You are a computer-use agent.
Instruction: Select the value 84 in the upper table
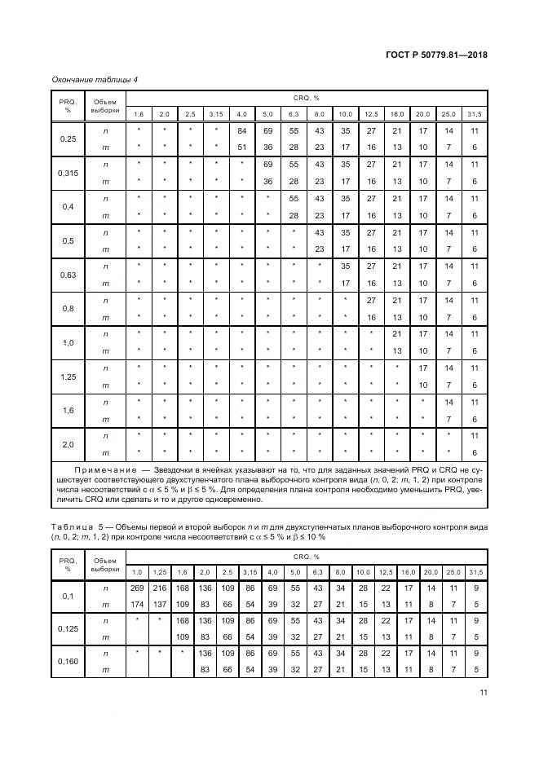coord(241,130)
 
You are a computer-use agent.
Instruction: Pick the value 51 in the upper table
coord(241,147)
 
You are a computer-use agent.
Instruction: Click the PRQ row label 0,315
coord(68,173)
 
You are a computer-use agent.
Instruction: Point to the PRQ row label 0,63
coord(68,275)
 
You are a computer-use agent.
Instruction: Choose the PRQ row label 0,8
coord(68,308)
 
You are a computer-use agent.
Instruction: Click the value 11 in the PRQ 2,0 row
coord(475,436)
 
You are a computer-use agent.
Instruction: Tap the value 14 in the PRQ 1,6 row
coord(448,402)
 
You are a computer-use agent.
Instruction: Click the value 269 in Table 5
coord(137,587)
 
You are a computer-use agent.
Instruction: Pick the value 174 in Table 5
coord(137,603)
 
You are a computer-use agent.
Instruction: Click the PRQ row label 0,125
coord(68,629)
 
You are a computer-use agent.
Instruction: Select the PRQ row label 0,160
coord(68,662)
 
